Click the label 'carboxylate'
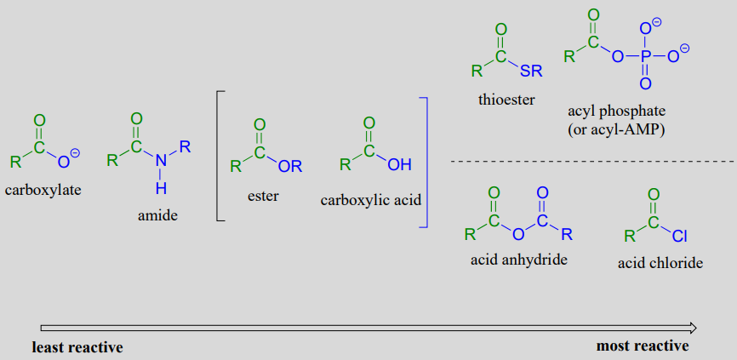click(43, 189)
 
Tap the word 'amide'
click(157, 215)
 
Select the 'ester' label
click(263, 196)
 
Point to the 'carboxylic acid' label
click(371, 201)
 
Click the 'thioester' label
click(506, 100)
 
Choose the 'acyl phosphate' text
click(616, 111)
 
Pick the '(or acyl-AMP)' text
click(616, 129)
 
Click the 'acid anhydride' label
click(518, 259)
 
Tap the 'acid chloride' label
click(660, 263)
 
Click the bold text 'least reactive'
click(77, 347)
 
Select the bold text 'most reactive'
click(643, 346)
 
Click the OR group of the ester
click(290, 166)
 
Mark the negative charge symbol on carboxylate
click(75, 152)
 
